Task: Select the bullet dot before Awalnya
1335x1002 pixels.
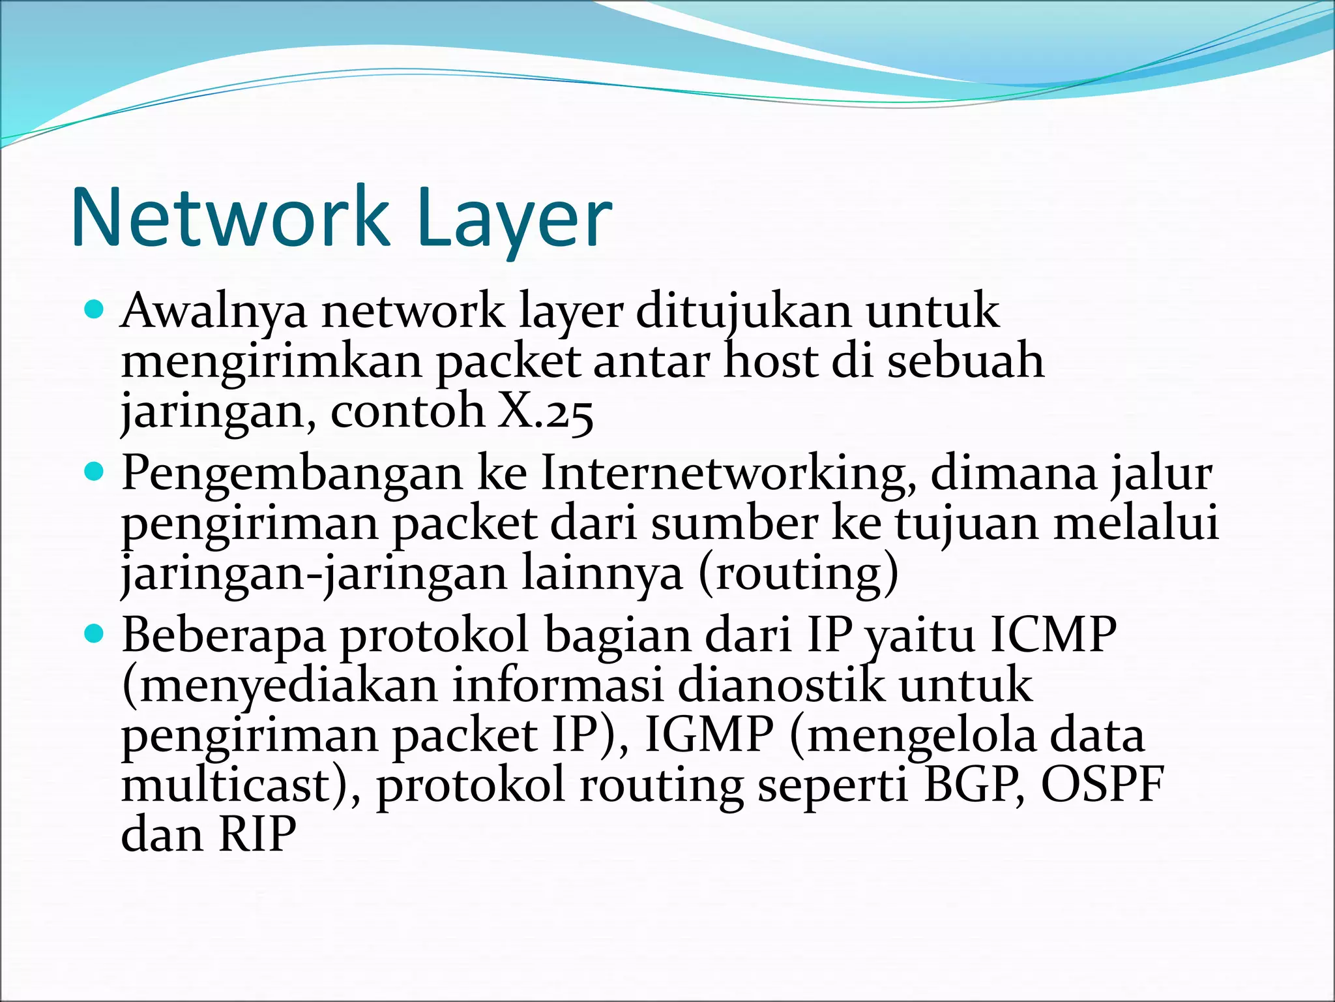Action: coord(95,309)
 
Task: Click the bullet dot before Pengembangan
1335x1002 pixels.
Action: coord(95,470)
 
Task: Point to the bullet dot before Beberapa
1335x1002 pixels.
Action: coord(95,632)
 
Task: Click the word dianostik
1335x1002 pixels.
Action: coord(782,686)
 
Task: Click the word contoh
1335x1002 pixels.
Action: coord(407,411)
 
